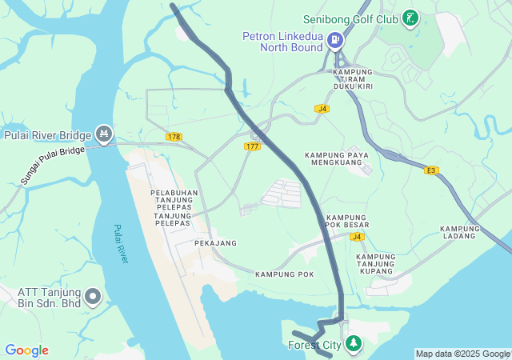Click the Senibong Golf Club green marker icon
(410, 18)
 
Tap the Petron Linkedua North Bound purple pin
(335, 38)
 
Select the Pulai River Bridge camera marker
(103, 133)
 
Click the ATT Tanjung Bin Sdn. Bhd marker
(93, 298)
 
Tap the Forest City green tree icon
(353, 344)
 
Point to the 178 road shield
(174, 137)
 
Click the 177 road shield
(253, 146)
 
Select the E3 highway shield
(432, 170)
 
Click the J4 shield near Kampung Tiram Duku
(322, 108)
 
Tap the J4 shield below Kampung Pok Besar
(357, 237)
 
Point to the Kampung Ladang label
(460, 232)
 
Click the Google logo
(26, 350)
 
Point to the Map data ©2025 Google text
(462, 354)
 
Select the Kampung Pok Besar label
(346, 222)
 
